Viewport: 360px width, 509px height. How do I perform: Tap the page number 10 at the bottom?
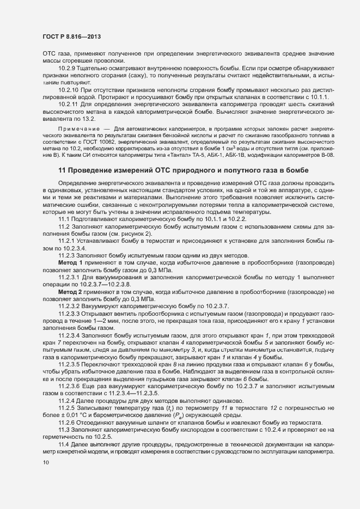pos(45,463)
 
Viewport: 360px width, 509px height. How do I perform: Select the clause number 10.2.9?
pos(68,68)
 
